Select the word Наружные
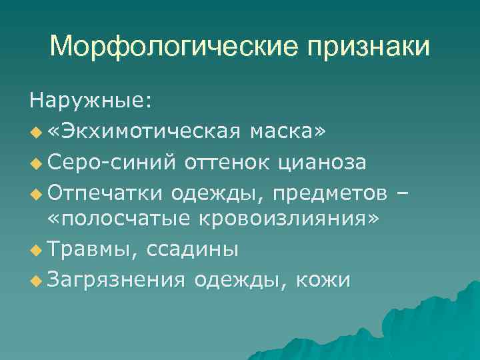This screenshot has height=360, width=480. tap(90, 101)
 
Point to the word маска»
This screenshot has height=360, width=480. tap(288, 132)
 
